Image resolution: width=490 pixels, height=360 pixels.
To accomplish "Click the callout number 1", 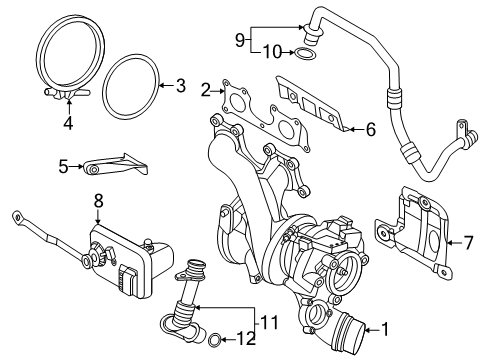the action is [x=385, y=330].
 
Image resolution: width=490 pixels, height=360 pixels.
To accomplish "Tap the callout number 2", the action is [x=206, y=90].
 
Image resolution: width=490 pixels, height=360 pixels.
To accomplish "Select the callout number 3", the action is [x=180, y=86].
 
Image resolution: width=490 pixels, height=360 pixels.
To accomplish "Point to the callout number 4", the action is [x=68, y=124].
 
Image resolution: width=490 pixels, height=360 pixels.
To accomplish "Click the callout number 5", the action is [x=63, y=166].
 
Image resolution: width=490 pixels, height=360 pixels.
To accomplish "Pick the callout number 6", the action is [x=371, y=129].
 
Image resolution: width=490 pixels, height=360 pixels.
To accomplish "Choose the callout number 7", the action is [x=468, y=243].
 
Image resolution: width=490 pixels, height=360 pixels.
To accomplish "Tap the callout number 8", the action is [x=98, y=201].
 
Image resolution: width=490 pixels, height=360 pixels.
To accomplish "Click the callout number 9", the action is [x=240, y=40].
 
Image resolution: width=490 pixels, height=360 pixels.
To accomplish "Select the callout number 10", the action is [x=272, y=52].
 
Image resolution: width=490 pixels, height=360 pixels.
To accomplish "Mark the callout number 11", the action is [x=269, y=322].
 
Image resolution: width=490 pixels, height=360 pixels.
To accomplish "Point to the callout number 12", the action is [x=246, y=339].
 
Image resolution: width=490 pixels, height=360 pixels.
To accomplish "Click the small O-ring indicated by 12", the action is [x=214, y=340].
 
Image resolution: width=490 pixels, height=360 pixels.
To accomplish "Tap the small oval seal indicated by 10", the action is [x=304, y=53].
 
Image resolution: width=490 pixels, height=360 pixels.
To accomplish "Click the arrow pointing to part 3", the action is [x=167, y=86].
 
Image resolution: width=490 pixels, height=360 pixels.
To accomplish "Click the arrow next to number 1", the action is [x=372, y=330].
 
